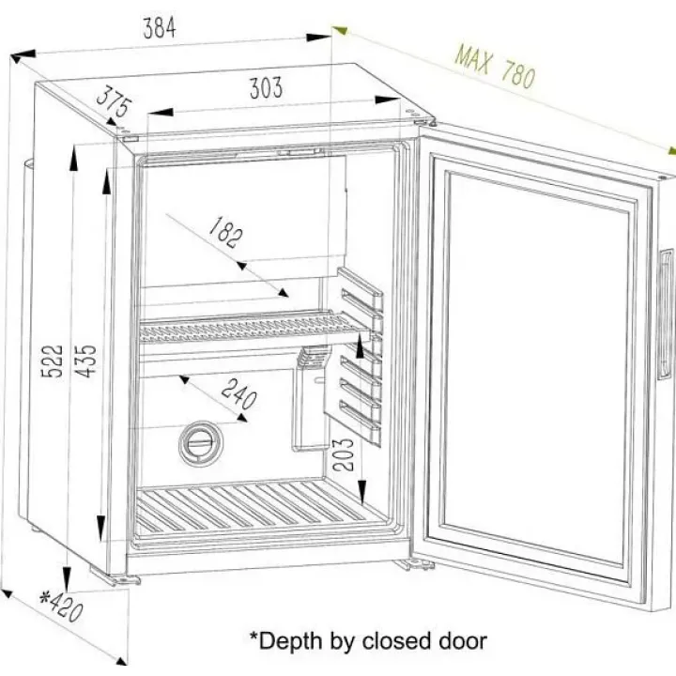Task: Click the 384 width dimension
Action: pos(160,28)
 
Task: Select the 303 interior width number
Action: pos(266,88)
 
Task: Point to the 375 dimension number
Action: pos(114,101)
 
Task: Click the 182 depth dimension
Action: pos(226,233)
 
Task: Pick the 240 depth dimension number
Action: pos(239,393)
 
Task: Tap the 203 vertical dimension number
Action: pos(344,454)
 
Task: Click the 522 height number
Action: pos(53,361)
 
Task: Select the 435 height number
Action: pos(84,361)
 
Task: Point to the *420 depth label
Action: pos(61,607)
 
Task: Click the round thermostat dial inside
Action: pos(201,442)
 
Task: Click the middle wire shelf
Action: pos(254,327)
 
